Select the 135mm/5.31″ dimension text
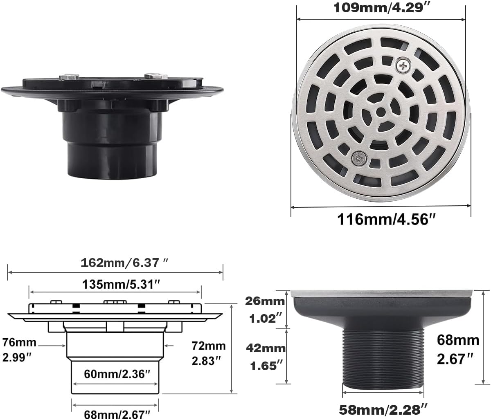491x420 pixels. click(x=115, y=284)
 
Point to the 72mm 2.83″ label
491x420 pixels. click(x=209, y=353)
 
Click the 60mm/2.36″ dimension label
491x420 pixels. click(x=115, y=374)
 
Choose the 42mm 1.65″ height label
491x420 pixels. click(x=266, y=356)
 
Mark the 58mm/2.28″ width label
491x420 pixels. click(x=383, y=409)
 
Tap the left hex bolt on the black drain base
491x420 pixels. click(x=68, y=76)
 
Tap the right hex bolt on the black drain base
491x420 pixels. click(x=155, y=76)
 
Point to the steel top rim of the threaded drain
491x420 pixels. click(x=383, y=293)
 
